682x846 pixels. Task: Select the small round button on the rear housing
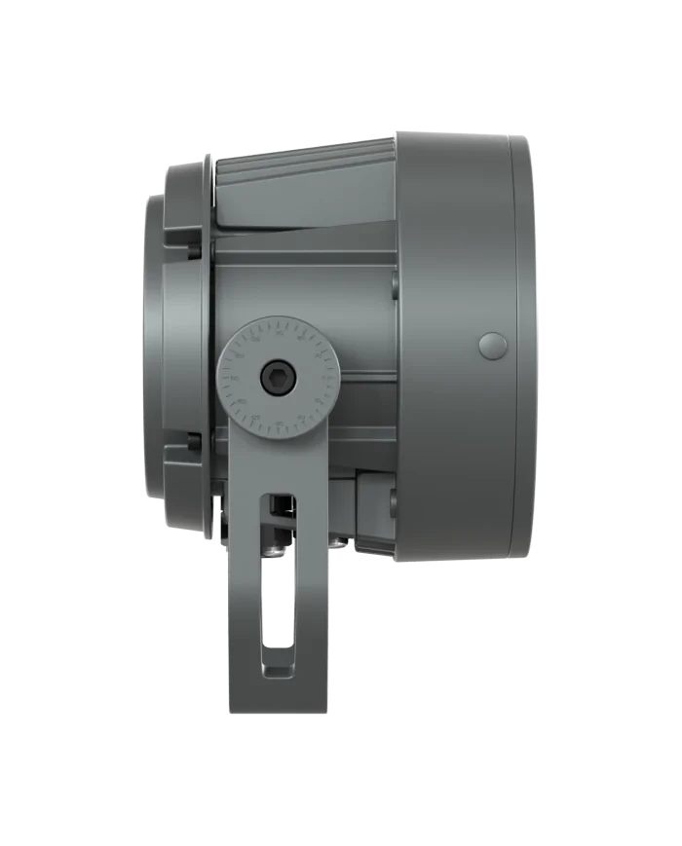tap(494, 346)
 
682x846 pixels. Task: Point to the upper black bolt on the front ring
tap(195, 249)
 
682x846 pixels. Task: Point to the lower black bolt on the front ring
tap(195, 443)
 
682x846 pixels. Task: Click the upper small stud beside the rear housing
tap(393, 284)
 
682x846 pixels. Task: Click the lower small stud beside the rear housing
tap(393, 500)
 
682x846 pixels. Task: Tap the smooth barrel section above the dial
tap(302, 282)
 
